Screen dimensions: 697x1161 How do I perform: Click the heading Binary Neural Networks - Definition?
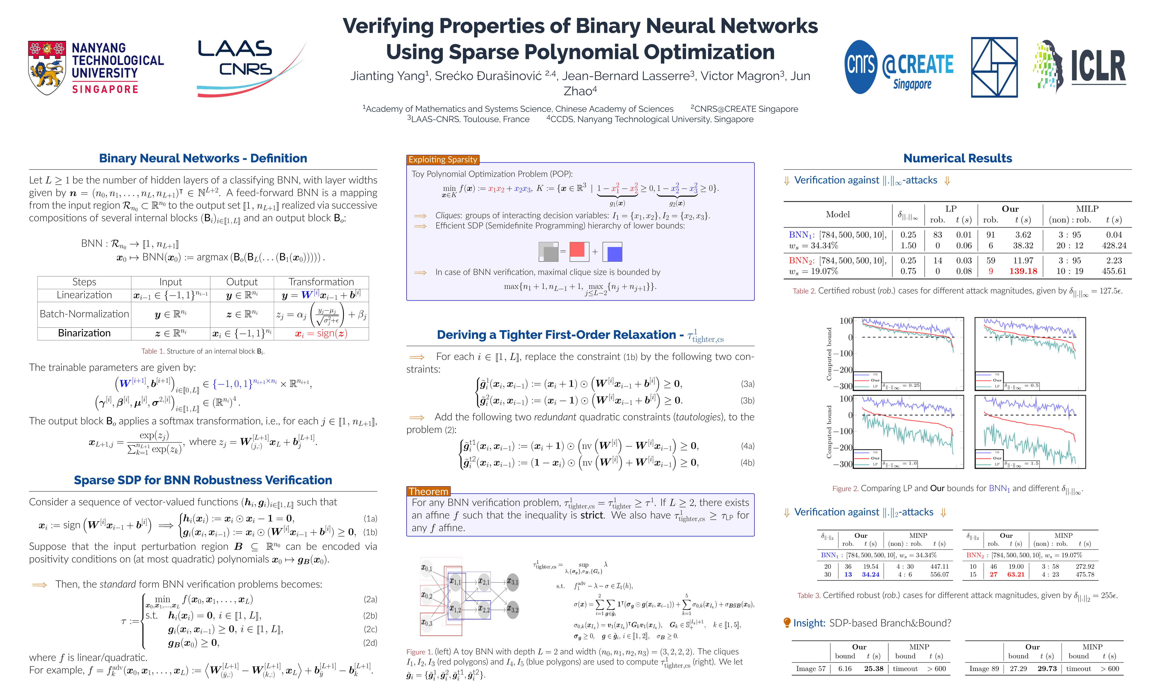[203, 158]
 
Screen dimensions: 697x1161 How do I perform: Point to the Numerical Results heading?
[957, 158]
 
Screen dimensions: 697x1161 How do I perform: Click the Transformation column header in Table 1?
[321, 282]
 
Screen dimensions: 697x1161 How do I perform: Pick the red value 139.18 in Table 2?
[1023, 271]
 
